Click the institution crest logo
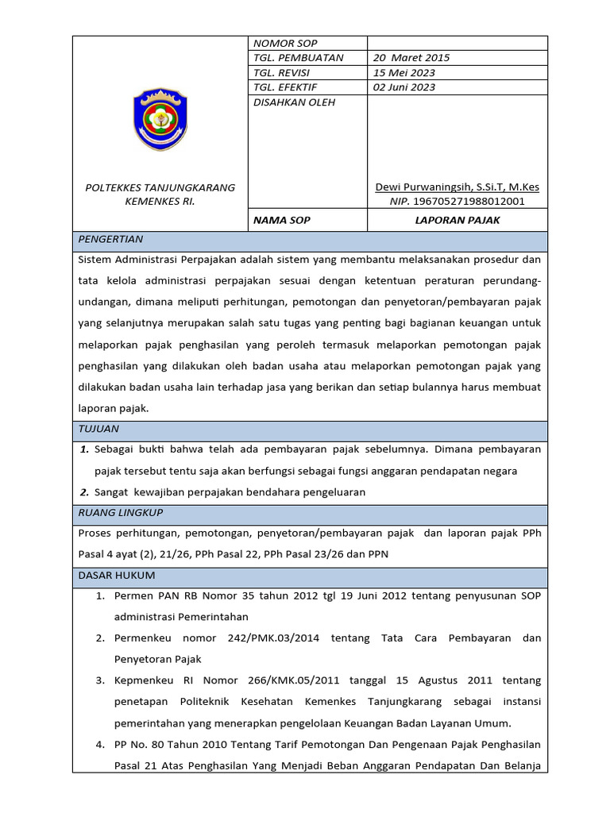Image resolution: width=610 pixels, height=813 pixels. click(160, 119)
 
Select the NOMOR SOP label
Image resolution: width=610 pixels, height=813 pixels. click(284, 44)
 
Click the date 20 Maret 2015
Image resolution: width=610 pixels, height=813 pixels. click(411, 58)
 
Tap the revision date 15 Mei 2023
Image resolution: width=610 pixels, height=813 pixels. click(404, 73)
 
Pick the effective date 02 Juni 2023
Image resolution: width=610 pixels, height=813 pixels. click(404, 87)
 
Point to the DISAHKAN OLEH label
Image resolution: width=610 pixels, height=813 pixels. click(293, 102)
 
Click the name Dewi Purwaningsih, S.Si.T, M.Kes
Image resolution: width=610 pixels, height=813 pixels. click(457, 187)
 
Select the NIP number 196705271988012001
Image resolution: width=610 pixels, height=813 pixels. click(457, 202)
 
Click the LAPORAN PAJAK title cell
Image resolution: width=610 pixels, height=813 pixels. click(457, 220)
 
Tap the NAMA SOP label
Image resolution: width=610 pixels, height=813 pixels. click(282, 220)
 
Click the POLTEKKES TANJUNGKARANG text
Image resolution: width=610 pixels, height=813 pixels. click(160, 187)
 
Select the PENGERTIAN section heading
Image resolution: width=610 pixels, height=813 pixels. click(110, 239)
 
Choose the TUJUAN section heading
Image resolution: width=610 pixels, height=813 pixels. click(98, 429)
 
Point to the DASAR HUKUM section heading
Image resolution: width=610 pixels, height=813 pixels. click(117, 575)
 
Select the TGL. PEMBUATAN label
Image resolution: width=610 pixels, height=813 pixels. click(298, 58)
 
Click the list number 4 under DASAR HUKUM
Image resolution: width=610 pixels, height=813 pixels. click(100, 745)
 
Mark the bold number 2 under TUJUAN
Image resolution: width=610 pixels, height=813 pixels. click(84, 492)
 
